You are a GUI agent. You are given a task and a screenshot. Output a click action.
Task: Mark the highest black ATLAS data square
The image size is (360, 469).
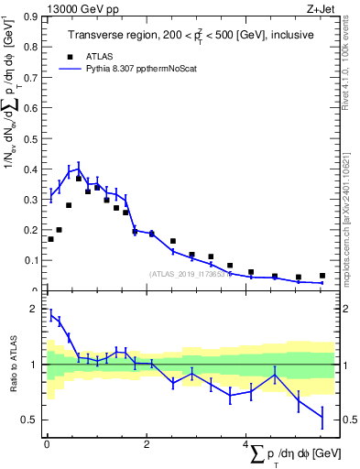pyautogui.click(x=79, y=179)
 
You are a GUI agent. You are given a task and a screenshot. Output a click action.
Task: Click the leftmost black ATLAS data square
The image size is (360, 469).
pyautogui.click(x=50, y=239)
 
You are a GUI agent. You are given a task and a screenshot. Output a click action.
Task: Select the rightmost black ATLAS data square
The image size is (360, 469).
pyautogui.click(x=322, y=276)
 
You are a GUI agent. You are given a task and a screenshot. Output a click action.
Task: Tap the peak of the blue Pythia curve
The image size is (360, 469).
pyautogui.click(x=79, y=169)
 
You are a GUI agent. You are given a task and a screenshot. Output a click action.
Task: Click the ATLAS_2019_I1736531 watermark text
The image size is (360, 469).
pyautogui.click(x=191, y=273)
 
